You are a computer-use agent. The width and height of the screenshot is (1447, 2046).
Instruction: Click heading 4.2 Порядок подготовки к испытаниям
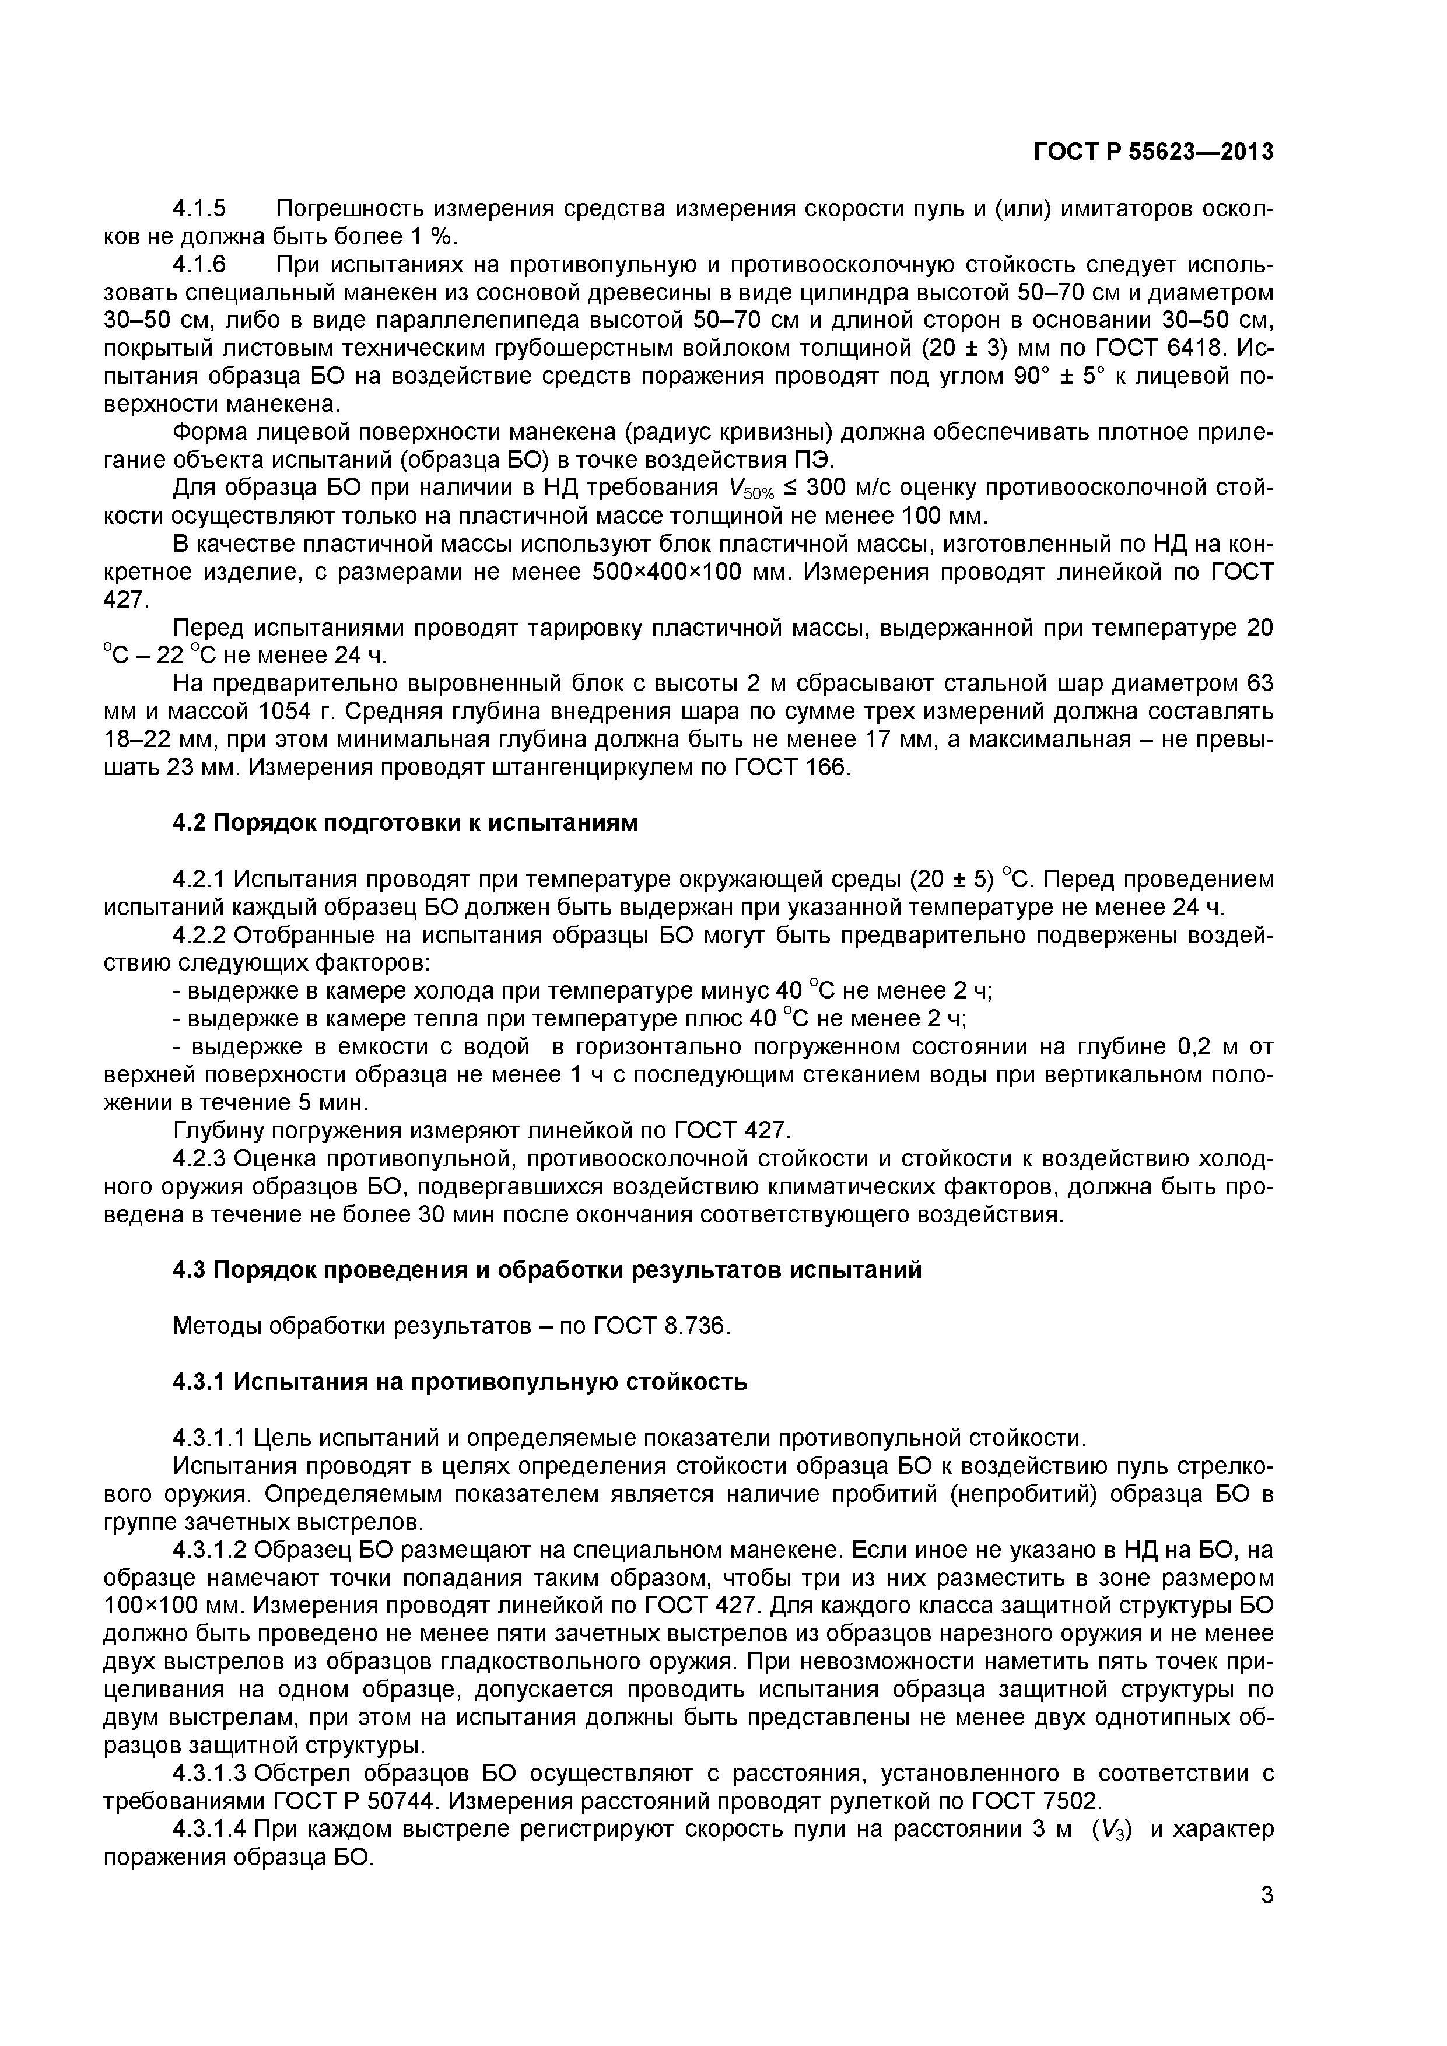tap(405, 822)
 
